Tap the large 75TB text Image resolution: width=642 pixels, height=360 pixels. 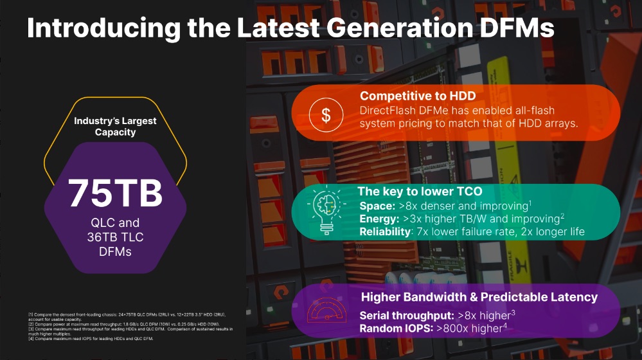[x=115, y=192]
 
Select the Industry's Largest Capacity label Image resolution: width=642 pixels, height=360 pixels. [x=115, y=126]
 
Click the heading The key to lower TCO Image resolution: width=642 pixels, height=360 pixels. [x=419, y=192]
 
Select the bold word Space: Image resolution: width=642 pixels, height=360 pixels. [x=377, y=206]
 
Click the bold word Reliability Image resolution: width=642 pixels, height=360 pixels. [x=384, y=231]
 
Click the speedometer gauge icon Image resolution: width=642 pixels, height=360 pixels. [x=326, y=310]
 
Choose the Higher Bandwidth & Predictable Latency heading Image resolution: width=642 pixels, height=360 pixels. [x=479, y=297]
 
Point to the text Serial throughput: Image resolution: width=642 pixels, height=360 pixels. [x=406, y=316]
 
